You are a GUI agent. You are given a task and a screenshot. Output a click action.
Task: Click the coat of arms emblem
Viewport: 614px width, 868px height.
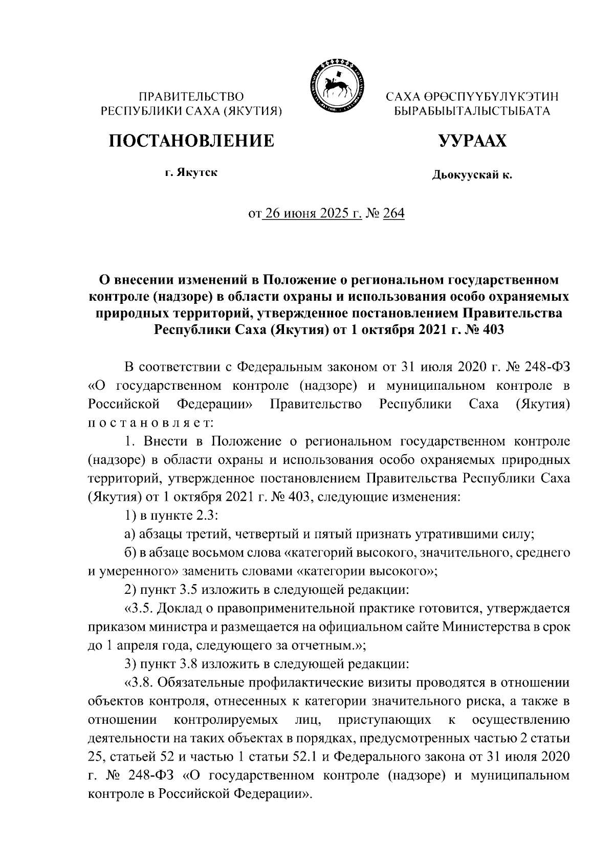tap(336, 85)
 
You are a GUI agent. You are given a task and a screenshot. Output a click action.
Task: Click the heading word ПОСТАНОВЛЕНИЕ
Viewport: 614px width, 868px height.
tap(191, 140)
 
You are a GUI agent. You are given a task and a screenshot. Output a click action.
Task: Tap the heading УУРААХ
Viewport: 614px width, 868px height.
tap(472, 140)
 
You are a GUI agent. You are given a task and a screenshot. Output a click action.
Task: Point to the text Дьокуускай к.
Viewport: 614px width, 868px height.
tap(472, 176)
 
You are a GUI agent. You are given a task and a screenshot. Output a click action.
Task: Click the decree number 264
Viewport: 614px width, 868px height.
tap(393, 213)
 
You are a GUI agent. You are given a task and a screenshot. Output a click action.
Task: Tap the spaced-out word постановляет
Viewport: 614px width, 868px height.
tap(146, 422)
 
